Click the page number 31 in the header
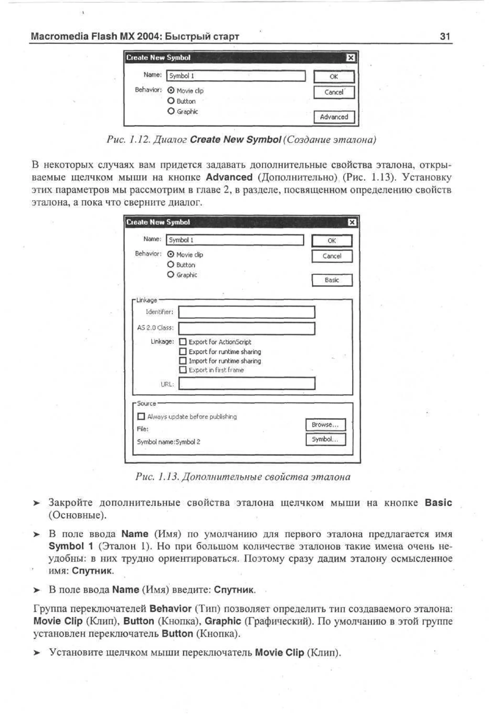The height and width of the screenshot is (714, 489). pyautogui.click(x=445, y=37)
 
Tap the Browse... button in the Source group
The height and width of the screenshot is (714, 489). pyautogui.click(x=325, y=425)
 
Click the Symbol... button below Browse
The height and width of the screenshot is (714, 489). pyautogui.click(x=325, y=439)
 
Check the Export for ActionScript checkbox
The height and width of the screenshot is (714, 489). pyautogui.click(x=183, y=342)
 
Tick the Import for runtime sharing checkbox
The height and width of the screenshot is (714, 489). pyautogui.click(x=183, y=361)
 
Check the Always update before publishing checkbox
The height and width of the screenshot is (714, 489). pyautogui.click(x=141, y=416)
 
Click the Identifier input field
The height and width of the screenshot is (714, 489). pyautogui.click(x=246, y=312)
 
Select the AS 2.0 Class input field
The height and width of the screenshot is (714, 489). pyautogui.click(x=246, y=328)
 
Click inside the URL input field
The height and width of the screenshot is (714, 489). pyautogui.click(x=246, y=384)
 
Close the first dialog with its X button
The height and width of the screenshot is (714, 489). pyautogui.click(x=351, y=58)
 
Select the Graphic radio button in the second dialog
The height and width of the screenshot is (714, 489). pyautogui.click(x=171, y=274)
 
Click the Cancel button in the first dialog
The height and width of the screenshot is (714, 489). pyautogui.click(x=334, y=92)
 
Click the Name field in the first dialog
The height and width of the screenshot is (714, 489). pyautogui.click(x=236, y=76)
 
